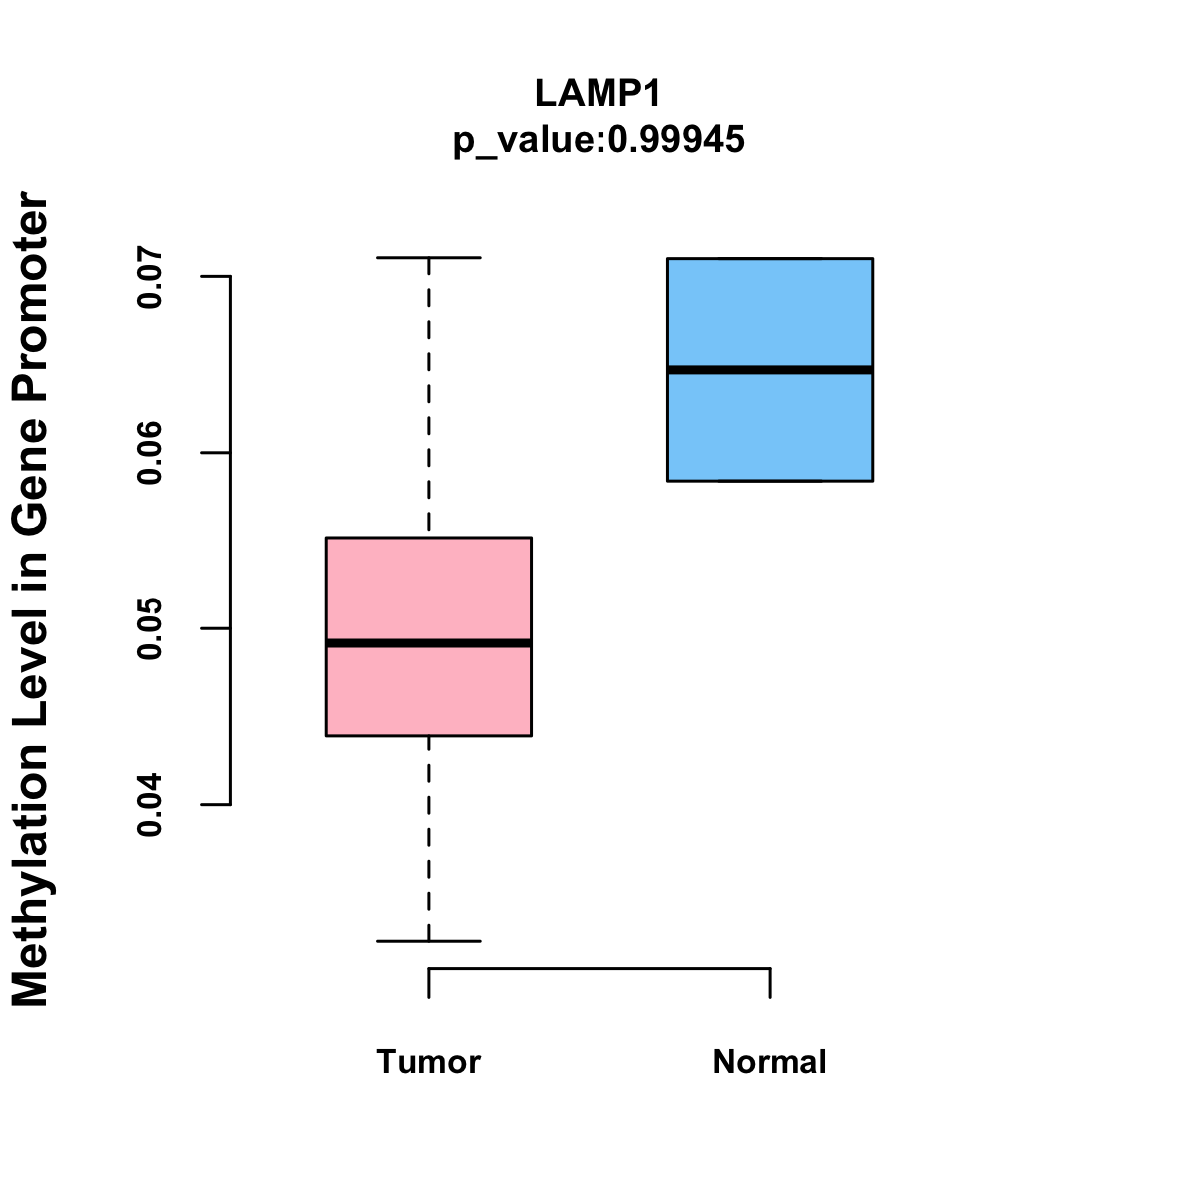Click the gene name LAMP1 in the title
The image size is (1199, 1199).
pos(599,93)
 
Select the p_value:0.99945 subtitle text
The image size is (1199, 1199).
pos(599,140)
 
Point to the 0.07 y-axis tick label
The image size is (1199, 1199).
pos(150,277)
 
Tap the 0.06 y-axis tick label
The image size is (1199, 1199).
pos(150,453)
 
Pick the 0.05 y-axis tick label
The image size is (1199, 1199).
pos(150,628)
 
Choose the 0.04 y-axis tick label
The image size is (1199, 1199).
pos(150,804)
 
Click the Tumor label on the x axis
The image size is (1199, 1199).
pos(428,1061)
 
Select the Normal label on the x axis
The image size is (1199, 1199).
pos(769,1061)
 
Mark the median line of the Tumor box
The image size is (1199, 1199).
pos(428,643)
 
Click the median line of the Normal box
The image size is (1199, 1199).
pos(769,370)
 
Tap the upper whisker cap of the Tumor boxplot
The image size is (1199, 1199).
pos(428,258)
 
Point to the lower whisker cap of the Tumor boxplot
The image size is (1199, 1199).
pos(428,941)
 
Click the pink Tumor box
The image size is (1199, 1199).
pos(428,590)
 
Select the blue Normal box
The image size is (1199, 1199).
pos(769,310)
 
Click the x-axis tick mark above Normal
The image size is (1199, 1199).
pos(770,983)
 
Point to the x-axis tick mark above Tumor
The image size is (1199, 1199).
pos(429,983)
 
